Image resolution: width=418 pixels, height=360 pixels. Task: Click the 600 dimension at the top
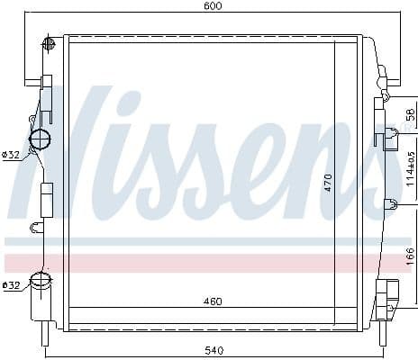pos(213,6)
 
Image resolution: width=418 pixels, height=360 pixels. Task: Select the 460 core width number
pos(214,301)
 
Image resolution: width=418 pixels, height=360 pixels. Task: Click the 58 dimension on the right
pos(409,114)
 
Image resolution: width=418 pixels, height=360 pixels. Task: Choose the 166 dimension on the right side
pos(409,254)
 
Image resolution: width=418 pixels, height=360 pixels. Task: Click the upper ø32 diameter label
pos(11,155)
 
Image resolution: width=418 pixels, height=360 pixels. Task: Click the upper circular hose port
pos(41,139)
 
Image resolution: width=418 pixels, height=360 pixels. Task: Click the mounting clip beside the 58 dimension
pos(388,136)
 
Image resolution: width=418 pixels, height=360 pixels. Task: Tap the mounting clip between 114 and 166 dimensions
pos(389,202)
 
